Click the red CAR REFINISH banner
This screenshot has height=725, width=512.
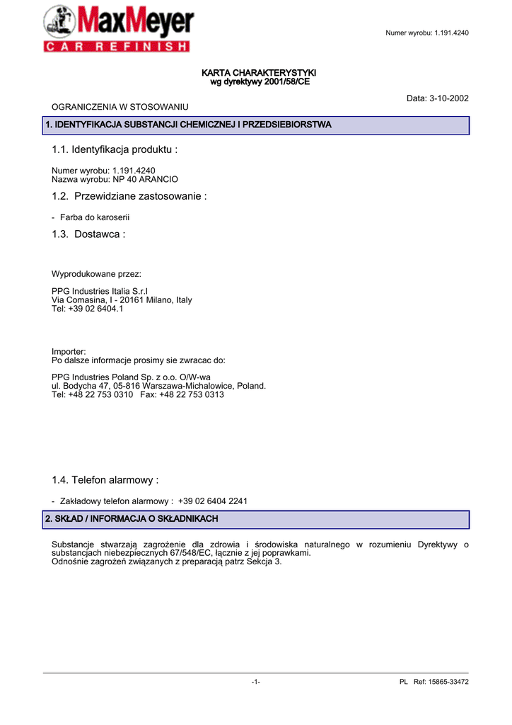pos(117,47)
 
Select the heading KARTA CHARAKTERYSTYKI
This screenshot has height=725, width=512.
pos(260,73)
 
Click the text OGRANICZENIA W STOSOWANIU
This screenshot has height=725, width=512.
pos(120,106)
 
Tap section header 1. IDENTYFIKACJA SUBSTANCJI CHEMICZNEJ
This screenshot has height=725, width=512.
pos(188,125)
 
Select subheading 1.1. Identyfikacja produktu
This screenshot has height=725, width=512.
pos(115,149)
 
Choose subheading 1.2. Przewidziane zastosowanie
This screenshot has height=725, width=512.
pos(129,196)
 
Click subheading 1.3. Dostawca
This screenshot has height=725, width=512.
pos(88,234)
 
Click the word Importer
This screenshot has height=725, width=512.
pos(69,351)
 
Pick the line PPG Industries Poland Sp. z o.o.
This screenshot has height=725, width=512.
pos(131,377)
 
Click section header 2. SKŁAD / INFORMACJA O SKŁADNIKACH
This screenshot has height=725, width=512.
pos(132,519)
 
